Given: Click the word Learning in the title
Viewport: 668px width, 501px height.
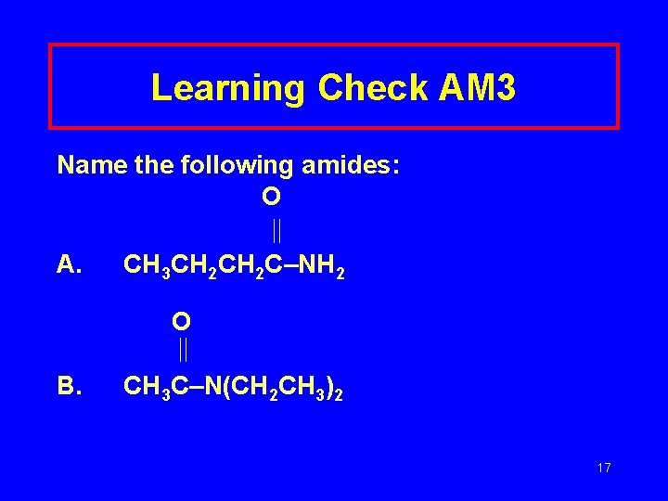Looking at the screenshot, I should click(x=228, y=88).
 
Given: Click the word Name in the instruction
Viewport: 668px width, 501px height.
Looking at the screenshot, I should click(x=88, y=165).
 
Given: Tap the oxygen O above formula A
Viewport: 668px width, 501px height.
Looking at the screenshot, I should click(x=271, y=197).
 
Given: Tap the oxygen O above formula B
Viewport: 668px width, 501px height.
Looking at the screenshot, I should click(x=181, y=321).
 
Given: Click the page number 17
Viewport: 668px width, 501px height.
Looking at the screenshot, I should click(x=604, y=468).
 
